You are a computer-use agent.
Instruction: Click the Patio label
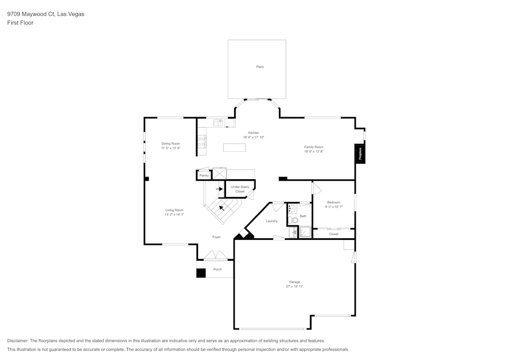click(x=260, y=67)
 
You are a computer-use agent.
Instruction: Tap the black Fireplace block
click(x=360, y=154)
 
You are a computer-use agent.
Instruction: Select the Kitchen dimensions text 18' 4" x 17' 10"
click(x=253, y=137)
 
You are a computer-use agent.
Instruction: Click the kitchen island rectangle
click(x=234, y=148)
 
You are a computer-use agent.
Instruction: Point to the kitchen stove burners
click(x=202, y=141)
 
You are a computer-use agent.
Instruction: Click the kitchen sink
click(x=218, y=123)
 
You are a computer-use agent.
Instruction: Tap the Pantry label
click(x=204, y=175)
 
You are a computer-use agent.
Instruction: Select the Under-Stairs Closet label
click(x=240, y=189)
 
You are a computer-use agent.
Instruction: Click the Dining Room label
click(x=171, y=144)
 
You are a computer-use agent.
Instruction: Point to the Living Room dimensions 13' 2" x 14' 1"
click(x=174, y=215)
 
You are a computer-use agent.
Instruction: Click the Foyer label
click(x=216, y=237)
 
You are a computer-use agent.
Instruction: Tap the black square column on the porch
click(x=201, y=273)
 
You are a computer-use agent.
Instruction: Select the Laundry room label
click(x=272, y=221)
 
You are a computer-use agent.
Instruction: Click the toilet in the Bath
click(x=292, y=220)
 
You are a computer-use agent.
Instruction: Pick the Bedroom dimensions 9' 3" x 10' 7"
click(x=333, y=207)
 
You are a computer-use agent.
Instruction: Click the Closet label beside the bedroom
click(x=333, y=234)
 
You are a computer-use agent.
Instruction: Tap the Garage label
click(x=295, y=282)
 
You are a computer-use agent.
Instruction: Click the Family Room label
click(x=314, y=147)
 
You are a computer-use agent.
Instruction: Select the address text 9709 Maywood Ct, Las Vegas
click(x=46, y=14)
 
